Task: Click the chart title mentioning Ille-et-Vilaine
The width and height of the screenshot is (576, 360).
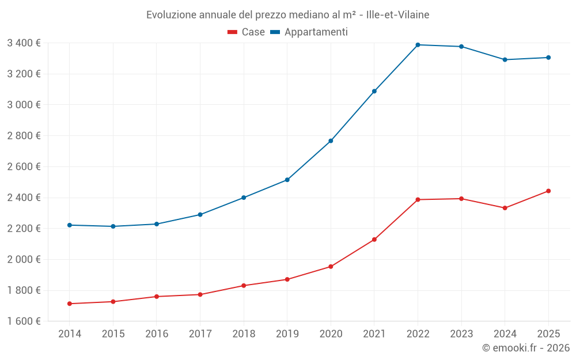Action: pyautogui.click(x=287, y=14)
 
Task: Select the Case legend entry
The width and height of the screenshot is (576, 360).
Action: pyautogui.click(x=247, y=32)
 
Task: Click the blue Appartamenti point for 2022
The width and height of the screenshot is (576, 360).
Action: pyautogui.click(x=418, y=45)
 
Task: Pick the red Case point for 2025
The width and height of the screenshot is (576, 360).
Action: pyautogui.click(x=548, y=191)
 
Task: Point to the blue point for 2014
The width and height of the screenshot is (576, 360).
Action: pyautogui.click(x=70, y=225)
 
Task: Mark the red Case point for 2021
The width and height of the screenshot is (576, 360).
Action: pyautogui.click(x=374, y=240)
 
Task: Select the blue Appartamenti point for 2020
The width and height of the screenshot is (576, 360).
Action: pyautogui.click(x=331, y=141)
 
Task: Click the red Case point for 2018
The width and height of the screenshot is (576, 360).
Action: pyautogui.click(x=244, y=286)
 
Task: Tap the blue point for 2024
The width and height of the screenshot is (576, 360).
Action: pyautogui.click(x=505, y=59)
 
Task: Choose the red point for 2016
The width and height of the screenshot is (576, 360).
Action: pyautogui.click(x=157, y=297)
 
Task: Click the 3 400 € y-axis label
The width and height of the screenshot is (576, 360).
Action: pyautogui.click(x=24, y=43)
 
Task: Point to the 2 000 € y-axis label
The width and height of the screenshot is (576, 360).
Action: pyautogui.click(x=24, y=259)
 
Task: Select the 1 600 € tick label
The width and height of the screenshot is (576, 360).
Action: pyautogui.click(x=24, y=321)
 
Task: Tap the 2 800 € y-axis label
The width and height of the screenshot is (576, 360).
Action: pyautogui.click(x=24, y=135)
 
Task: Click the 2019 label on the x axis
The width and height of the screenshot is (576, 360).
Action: pyautogui.click(x=287, y=334)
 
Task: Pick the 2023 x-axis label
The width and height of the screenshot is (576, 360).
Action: pyautogui.click(x=461, y=334)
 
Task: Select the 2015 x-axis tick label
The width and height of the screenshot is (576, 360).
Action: pyautogui.click(x=113, y=334)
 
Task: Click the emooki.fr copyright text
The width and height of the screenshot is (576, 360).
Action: pyautogui.click(x=525, y=348)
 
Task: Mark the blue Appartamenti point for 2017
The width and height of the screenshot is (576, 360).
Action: pyautogui.click(x=200, y=214)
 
